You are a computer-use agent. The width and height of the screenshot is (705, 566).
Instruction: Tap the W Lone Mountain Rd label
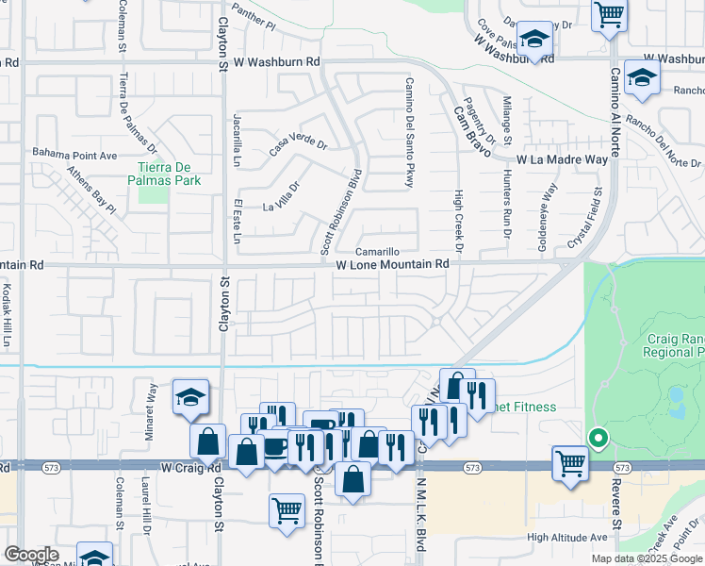click(392, 266)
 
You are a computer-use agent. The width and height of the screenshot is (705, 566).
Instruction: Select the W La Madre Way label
click(562, 160)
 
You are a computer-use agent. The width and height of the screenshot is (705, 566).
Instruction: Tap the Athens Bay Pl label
click(90, 190)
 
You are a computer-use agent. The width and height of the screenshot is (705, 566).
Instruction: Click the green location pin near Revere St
click(597, 438)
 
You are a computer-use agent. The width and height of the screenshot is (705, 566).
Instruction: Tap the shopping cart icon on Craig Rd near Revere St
click(571, 463)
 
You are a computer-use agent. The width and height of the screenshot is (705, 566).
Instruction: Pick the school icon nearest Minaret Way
click(190, 397)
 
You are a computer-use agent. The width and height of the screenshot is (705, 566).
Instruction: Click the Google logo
click(31, 555)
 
